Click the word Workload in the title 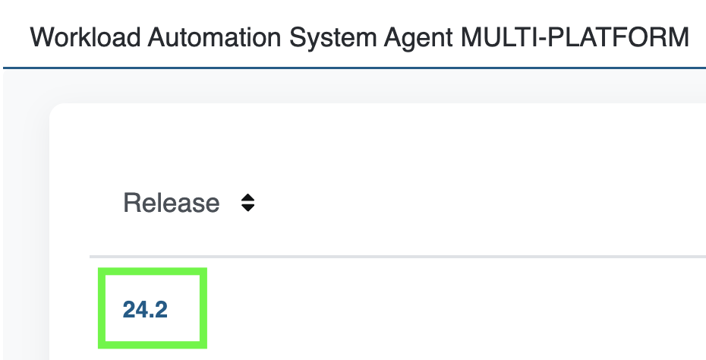point(85,37)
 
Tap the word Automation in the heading point(215,37)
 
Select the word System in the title point(333,38)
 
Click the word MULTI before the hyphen point(496,37)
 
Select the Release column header point(171,203)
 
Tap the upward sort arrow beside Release point(248,197)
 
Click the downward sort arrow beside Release point(248,207)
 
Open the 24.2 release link point(145,310)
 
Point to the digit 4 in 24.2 point(144,310)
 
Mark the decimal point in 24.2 point(154,316)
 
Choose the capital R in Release point(131,203)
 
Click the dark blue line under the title point(355,68)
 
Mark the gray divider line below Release point(398,257)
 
